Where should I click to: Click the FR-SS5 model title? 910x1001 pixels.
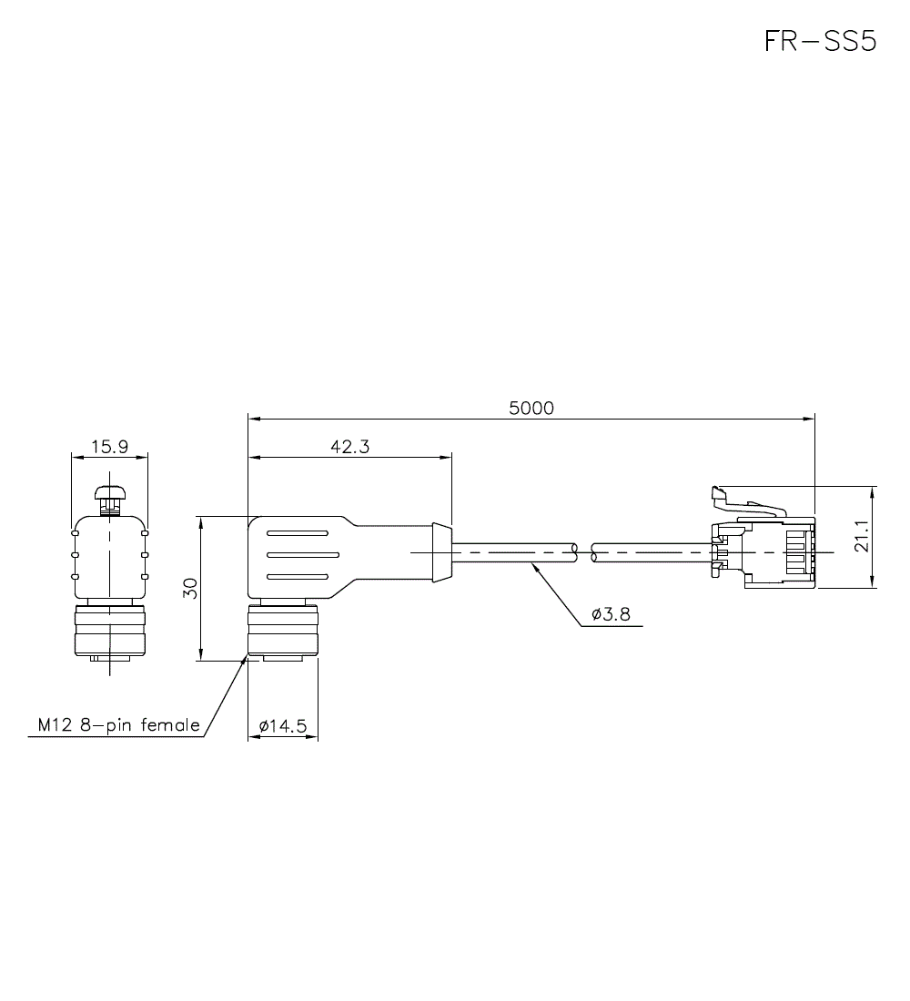[x=821, y=42]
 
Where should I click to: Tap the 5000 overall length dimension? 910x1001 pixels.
[x=531, y=408]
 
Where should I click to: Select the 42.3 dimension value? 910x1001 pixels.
[x=350, y=446]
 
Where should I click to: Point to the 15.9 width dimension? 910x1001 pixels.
[x=109, y=446]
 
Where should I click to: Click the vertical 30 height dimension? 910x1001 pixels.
[x=189, y=588]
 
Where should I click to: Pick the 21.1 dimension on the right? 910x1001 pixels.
[x=862, y=536]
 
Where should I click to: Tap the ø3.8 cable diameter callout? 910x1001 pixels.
[x=612, y=614]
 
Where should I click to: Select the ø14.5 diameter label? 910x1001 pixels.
[x=283, y=726]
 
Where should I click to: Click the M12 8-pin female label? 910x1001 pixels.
[x=119, y=725]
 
